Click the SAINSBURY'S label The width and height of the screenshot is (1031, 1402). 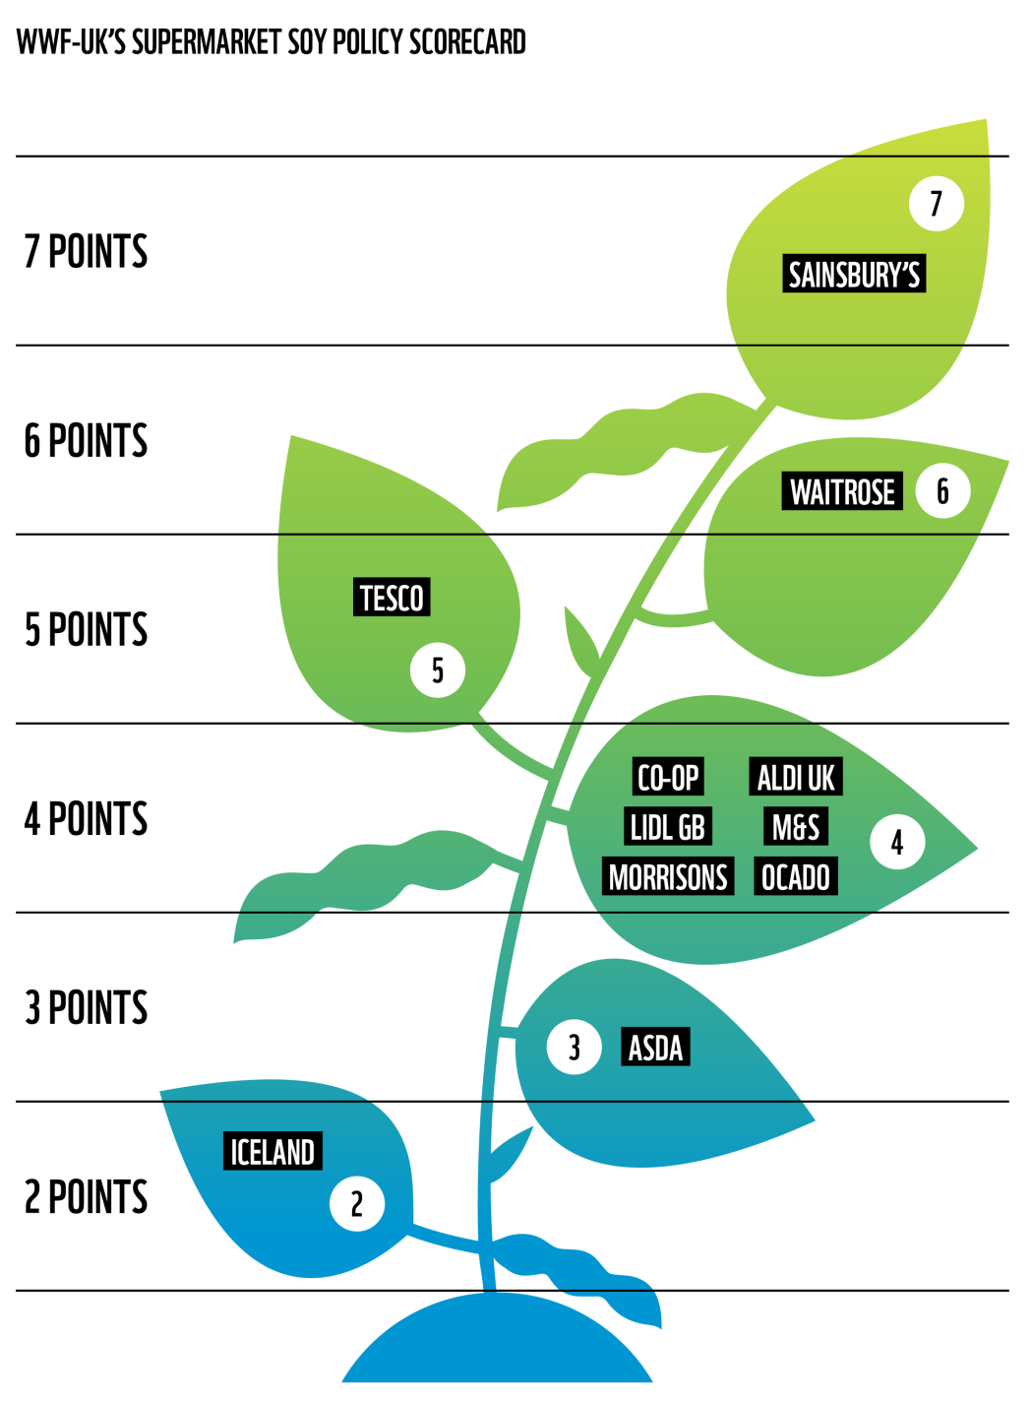point(854,274)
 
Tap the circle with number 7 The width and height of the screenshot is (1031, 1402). point(936,204)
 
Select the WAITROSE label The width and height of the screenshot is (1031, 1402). point(842,491)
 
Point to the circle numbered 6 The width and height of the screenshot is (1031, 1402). point(942,490)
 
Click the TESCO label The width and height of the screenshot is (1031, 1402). point(392,598)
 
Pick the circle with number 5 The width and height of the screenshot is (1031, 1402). point(438,670)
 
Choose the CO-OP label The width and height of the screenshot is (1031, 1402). point(668,778)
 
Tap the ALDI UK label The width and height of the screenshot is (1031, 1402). point(795,778)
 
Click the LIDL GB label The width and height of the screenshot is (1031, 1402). point(667,827)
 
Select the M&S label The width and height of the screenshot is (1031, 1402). point(795,827)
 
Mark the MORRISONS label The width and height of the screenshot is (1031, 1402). point(668,877)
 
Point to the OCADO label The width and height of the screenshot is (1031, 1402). point(795,877)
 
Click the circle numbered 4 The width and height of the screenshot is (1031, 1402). point(897,842)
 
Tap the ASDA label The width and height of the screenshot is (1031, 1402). point(655,1048)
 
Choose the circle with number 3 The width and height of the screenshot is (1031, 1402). point(575,1048)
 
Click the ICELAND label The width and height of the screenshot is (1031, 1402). point(273,1151)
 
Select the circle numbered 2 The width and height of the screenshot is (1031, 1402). point(357,1203)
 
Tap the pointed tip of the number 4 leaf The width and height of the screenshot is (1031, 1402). point(974,848)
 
